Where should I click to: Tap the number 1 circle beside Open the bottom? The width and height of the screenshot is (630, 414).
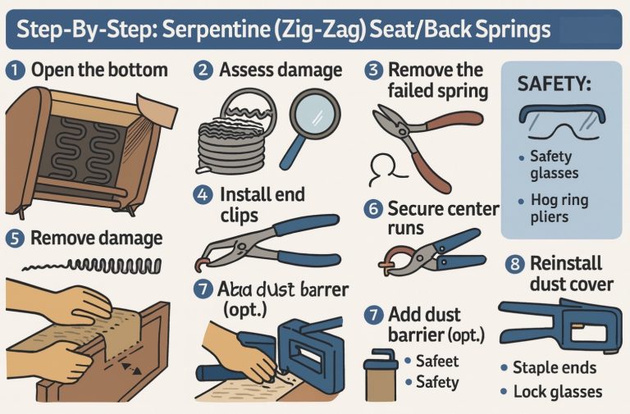click(14, 70)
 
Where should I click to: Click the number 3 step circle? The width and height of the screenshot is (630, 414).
click(374, 71)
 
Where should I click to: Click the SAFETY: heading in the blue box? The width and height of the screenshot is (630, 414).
click(555, 84)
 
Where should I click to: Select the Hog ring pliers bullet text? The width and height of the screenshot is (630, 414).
click(559, 209)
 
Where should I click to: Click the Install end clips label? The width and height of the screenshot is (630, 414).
click(262, 205)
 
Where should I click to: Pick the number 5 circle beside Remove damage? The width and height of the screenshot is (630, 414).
click(14, 239)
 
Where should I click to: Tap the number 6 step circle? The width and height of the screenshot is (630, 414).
click(373, 209)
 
